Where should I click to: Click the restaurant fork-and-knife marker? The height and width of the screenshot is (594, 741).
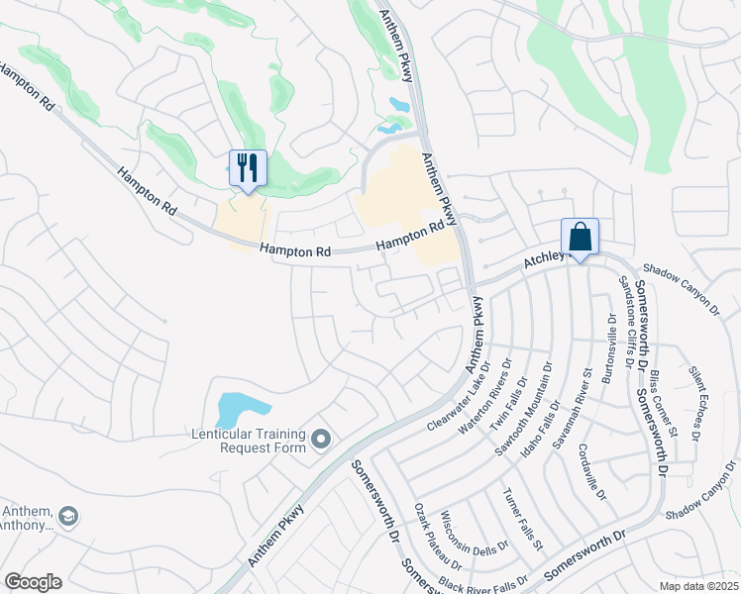(x=248, y=167)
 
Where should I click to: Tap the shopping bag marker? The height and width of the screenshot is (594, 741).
(x=580, y=238)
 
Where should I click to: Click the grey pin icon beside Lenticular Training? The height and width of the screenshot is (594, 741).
(x=320, y=439)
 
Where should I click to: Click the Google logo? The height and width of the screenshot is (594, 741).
(x=33, y=582)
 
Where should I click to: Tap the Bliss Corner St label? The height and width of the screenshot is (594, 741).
(x=664, y=404)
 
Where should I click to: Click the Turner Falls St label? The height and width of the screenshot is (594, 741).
(x=522, y=519)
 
